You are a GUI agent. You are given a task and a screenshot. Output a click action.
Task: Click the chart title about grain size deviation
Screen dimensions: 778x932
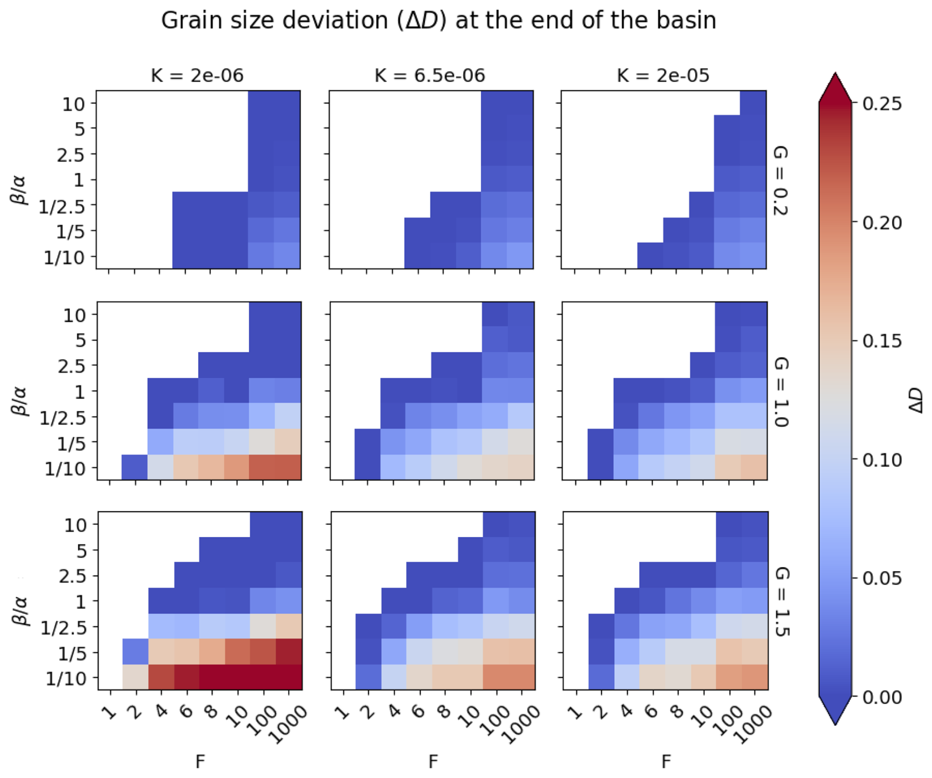pos(438,21)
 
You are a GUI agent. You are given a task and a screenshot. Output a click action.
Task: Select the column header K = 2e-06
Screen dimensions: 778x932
pos(197,75)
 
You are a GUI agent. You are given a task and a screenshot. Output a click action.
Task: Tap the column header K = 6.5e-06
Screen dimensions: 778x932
pos(430,75)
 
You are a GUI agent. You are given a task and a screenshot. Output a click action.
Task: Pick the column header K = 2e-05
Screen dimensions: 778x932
pos(663,75)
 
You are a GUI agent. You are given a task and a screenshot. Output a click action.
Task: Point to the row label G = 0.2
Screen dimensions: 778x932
pos(781,180)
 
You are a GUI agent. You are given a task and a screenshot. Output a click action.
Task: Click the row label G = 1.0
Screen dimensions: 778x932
pos(781,391)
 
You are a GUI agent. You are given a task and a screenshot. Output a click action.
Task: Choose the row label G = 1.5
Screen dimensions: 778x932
pos(781,601)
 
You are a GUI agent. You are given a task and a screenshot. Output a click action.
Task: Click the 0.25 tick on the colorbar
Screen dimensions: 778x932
pos(882,104)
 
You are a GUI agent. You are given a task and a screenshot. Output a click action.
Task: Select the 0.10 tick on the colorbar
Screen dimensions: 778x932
pos(882,460)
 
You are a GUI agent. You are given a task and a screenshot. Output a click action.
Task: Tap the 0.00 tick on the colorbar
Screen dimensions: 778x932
pos(882,697)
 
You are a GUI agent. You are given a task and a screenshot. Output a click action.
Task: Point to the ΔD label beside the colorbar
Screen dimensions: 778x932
pos(915,400)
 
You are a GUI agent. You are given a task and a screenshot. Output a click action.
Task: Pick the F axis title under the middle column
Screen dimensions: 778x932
pos(433,761)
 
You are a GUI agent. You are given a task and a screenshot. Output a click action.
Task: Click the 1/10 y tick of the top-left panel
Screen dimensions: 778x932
pos(64,257)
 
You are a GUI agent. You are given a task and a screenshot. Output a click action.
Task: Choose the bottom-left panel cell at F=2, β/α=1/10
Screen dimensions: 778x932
pos(135,676)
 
